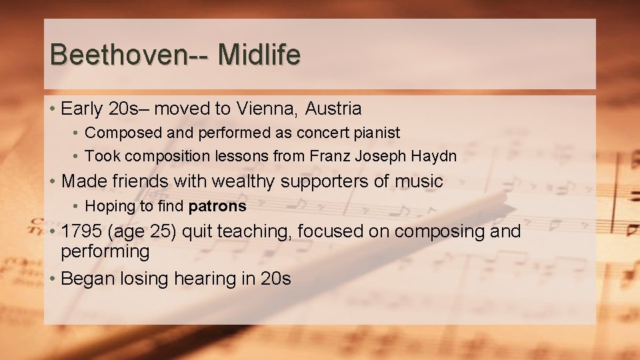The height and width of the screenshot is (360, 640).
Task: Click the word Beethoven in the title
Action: pos(117,55)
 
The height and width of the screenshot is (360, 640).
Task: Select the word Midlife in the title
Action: pos(259,55)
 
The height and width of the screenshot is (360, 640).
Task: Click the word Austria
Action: pos(337,108)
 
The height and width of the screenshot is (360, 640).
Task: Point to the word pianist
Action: pos(377,133)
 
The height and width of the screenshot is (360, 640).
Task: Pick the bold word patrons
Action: pos(217,207)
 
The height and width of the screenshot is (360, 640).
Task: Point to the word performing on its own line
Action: pos(105,252)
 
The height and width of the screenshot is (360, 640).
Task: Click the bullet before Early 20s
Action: pos(51,108)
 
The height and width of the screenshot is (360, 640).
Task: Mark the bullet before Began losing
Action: pos(51,278)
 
